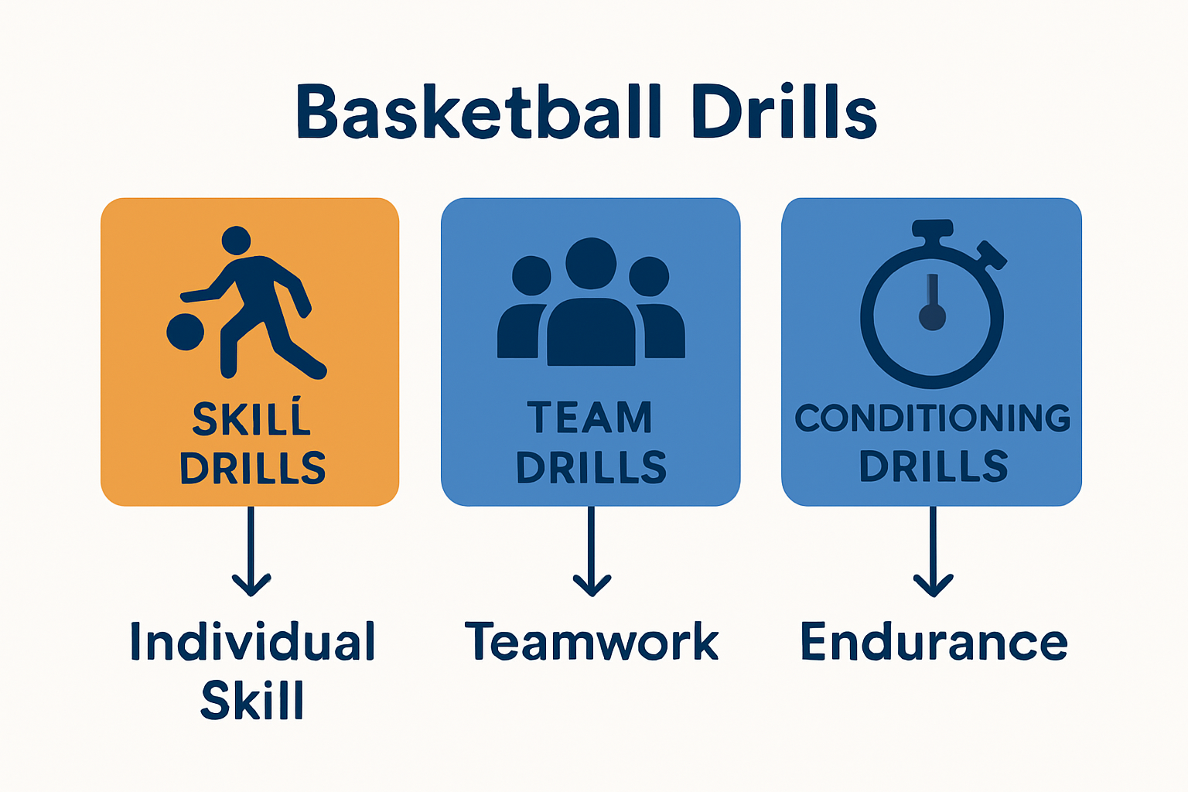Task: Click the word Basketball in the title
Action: pos(479,112)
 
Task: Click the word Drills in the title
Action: pos(783,112)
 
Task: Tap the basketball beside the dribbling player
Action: pos(186,332)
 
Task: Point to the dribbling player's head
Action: pos(236,241)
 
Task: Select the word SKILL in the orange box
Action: pos(251,419)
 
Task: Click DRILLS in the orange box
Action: pos(252,468)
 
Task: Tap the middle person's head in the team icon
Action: pos(591,262)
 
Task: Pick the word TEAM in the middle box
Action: pos(590,418)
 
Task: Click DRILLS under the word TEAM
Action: pos(591,468)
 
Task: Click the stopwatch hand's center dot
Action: pos(932,317)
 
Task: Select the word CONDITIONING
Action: pos(932,418)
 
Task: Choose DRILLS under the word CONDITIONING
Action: pos(934,466)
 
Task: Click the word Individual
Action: pos(252,642)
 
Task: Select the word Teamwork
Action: pos(592,642)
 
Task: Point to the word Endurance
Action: pos(934,642)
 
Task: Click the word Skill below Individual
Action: pos(252,701)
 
